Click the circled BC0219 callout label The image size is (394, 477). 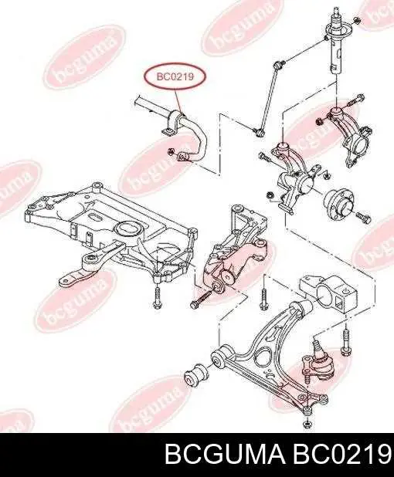pos(175,76)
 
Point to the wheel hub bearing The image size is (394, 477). pos(339,204)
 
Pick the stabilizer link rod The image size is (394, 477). pos(269,98)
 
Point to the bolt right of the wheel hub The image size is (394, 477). pos(362,216)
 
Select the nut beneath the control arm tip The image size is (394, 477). pos(307,423)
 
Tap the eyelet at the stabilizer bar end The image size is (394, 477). pos(182,157)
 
